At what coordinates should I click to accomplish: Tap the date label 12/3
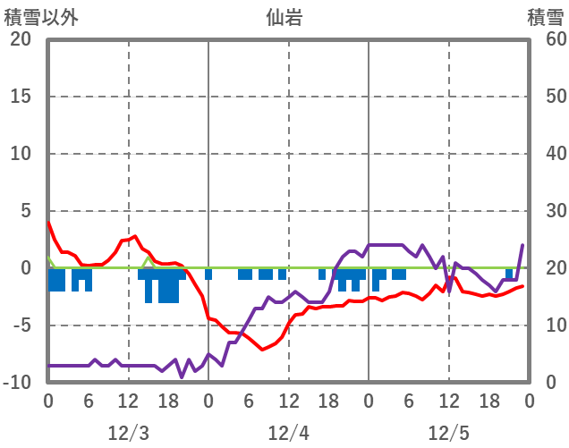pyautogui.click(x=128, y=434)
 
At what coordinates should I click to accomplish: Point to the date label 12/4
pyautogui.click(x=288, y=434)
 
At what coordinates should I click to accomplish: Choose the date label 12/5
pyautogui.click(x=448, y=434)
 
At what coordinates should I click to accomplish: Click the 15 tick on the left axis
pyautogui.click(x=21, y=97)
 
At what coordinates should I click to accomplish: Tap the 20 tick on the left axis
pyautogui.click(x=21, y=39)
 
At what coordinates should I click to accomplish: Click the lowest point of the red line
pyautogui.click(x=262, y=349)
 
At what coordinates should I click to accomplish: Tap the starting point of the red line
pyautogui.click(x=48, y=223)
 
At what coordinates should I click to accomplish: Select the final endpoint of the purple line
pyautogui.click(x=522, y=245)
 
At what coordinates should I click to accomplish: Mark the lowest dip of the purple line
pyautogui.click(x=182, y=376)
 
